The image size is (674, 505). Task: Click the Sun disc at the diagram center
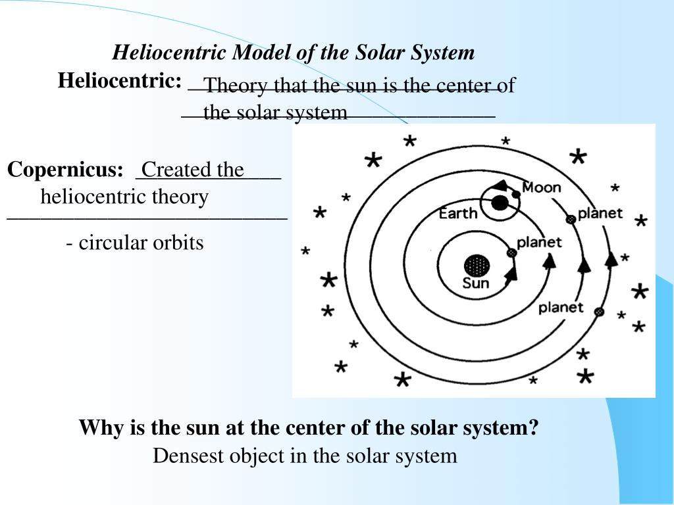tap(477, 266)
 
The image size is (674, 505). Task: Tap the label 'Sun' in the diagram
tap(476, 284)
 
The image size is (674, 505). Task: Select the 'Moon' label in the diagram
tap(541, 188)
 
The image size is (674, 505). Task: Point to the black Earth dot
tap(500, 203)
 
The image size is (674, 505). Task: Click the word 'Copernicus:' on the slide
tap(65, 170)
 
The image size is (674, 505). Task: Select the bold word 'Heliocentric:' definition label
tap(120, 81)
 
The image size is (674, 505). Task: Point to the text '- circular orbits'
tap(135, 243)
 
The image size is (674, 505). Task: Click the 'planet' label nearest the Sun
tap(539, 242)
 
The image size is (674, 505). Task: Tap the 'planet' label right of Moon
tap(600, 214)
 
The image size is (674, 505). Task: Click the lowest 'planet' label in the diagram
tap(561, 307)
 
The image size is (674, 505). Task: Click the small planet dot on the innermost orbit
tap(511, 252)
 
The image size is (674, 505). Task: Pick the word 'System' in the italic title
tap(442, 53)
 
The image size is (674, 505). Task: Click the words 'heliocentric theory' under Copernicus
tap(124, 197)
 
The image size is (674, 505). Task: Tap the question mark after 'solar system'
tap(534, 428)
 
